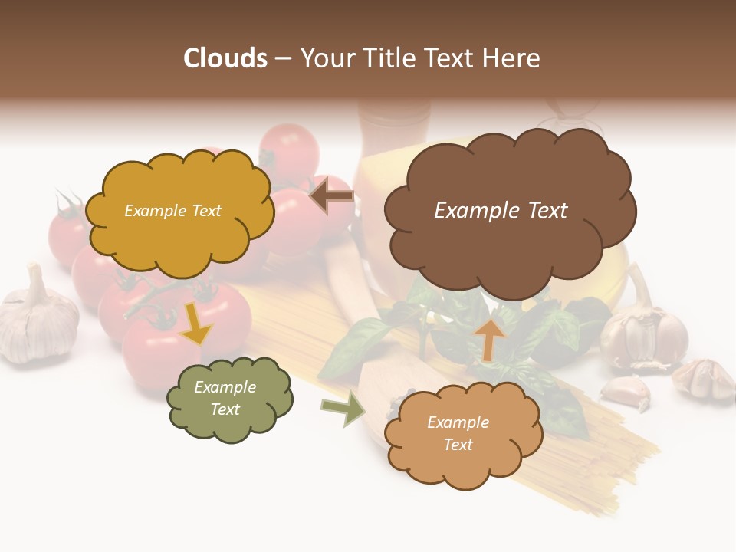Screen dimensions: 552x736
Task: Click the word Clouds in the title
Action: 225,58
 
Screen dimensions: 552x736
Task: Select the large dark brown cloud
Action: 510,211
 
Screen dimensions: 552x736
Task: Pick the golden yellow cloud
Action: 179,212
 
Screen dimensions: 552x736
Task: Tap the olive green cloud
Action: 229,399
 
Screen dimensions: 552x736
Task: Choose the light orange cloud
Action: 462,434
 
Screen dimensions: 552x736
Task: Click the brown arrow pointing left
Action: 331,196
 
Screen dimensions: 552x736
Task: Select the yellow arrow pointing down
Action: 195,324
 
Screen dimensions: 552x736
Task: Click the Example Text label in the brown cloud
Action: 501,211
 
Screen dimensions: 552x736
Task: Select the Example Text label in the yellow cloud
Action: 172,211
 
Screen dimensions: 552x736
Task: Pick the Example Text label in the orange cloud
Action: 458,434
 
